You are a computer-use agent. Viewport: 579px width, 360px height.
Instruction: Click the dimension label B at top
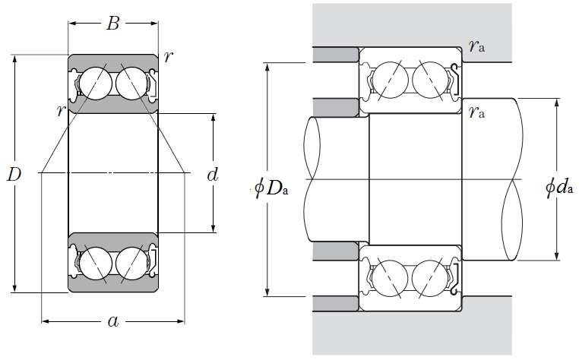[112, 24]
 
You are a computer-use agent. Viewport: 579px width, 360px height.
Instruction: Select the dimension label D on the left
[14, 175]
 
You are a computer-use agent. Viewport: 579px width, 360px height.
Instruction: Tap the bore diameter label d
[213, 175]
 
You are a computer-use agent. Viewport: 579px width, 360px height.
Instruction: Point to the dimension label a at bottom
[113, 322]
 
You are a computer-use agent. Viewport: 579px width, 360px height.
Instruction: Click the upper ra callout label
[477, 47]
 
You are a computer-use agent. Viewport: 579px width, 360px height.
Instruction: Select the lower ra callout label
[477, 114]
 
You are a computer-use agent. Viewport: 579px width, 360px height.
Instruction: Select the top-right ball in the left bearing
[131, 81]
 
